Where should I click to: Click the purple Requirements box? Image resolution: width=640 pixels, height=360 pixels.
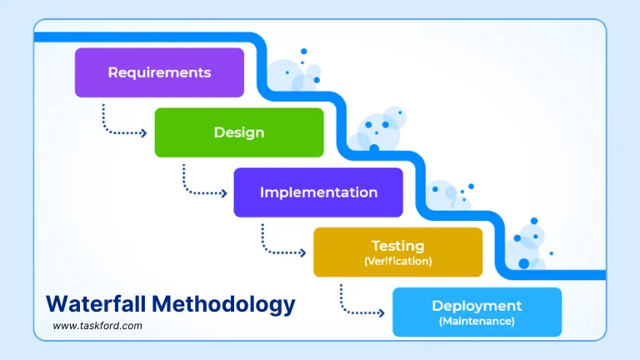point(159,72)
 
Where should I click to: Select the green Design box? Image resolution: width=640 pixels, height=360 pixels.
point(239,132)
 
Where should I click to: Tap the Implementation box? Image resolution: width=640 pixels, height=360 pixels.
point(318,192)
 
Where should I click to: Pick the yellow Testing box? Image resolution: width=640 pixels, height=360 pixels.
point(397,252)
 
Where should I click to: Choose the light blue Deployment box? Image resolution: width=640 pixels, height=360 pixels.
point(477,312)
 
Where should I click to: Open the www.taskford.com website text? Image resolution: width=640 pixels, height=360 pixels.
point(97,327)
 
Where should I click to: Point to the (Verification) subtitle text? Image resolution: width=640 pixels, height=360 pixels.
point(397,261)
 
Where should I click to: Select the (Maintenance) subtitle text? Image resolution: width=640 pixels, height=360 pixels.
point(477,321)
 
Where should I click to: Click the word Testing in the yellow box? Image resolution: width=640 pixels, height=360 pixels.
point(397,246)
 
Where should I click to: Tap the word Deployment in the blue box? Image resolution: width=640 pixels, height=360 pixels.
point(477,306)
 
